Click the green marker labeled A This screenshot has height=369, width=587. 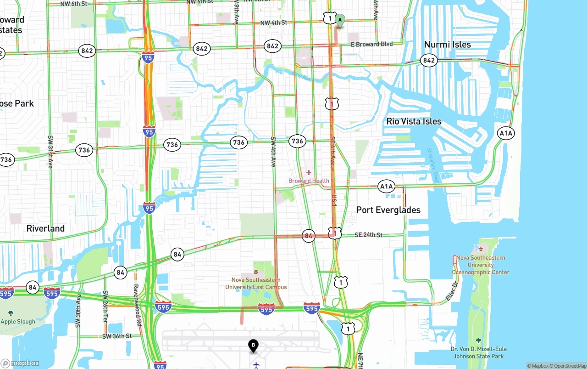pos(340,20)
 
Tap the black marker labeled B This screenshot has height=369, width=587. pos(253,345)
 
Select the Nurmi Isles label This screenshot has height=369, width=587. pos(447,45)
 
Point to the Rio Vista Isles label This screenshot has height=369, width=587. pos(414,121)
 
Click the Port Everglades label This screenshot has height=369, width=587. pos(388,210)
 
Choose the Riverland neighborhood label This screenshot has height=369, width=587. pos(45,228)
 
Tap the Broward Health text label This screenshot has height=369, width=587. pos(309,181)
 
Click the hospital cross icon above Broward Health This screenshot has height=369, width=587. pos(309,172)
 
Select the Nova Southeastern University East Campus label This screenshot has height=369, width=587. pos(256,284)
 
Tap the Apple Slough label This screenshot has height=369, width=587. pos(18,322)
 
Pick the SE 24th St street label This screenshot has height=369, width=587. pos(368,235)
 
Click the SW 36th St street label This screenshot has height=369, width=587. pos(117,336)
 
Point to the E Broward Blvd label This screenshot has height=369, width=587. pos(372,44)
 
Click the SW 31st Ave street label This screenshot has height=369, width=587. pos(50,152)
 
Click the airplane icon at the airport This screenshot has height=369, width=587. pos(256,365)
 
